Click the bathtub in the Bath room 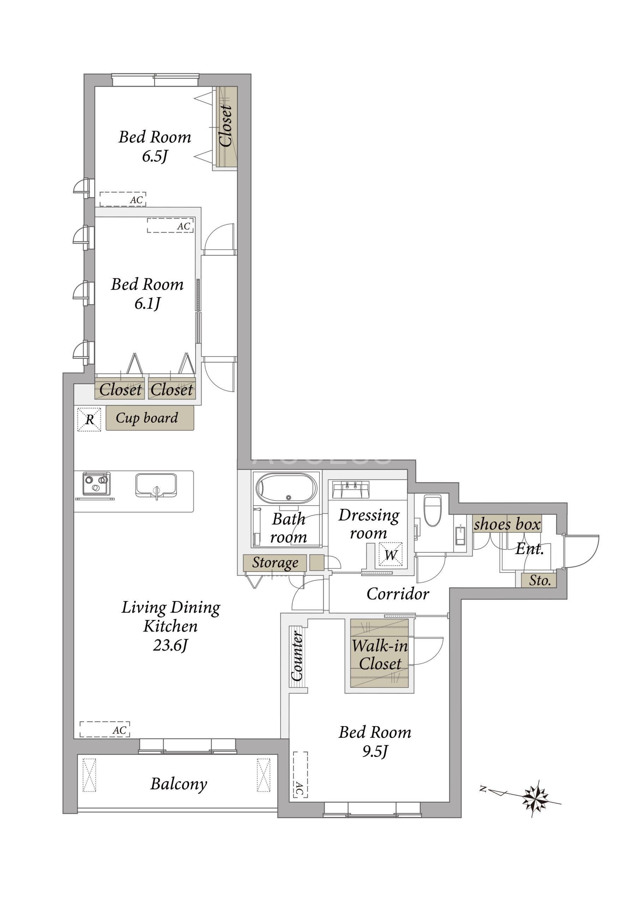[x=286, y=488]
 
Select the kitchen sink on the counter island [x=156, y=485]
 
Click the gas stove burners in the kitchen [x=96, y=483]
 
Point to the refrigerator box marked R [x=89, y=420]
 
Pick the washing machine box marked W [x=391, y=554]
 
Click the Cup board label [x=147, y=418]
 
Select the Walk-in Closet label [x=379, y=654]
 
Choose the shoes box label [x=507, y=524]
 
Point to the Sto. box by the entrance [x=539, y=581]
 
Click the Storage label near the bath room [x=275, y=563]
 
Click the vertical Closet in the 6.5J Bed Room [x=227, y=126]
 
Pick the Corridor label [x=398, y=594]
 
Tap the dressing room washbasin [x=350, y=489]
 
